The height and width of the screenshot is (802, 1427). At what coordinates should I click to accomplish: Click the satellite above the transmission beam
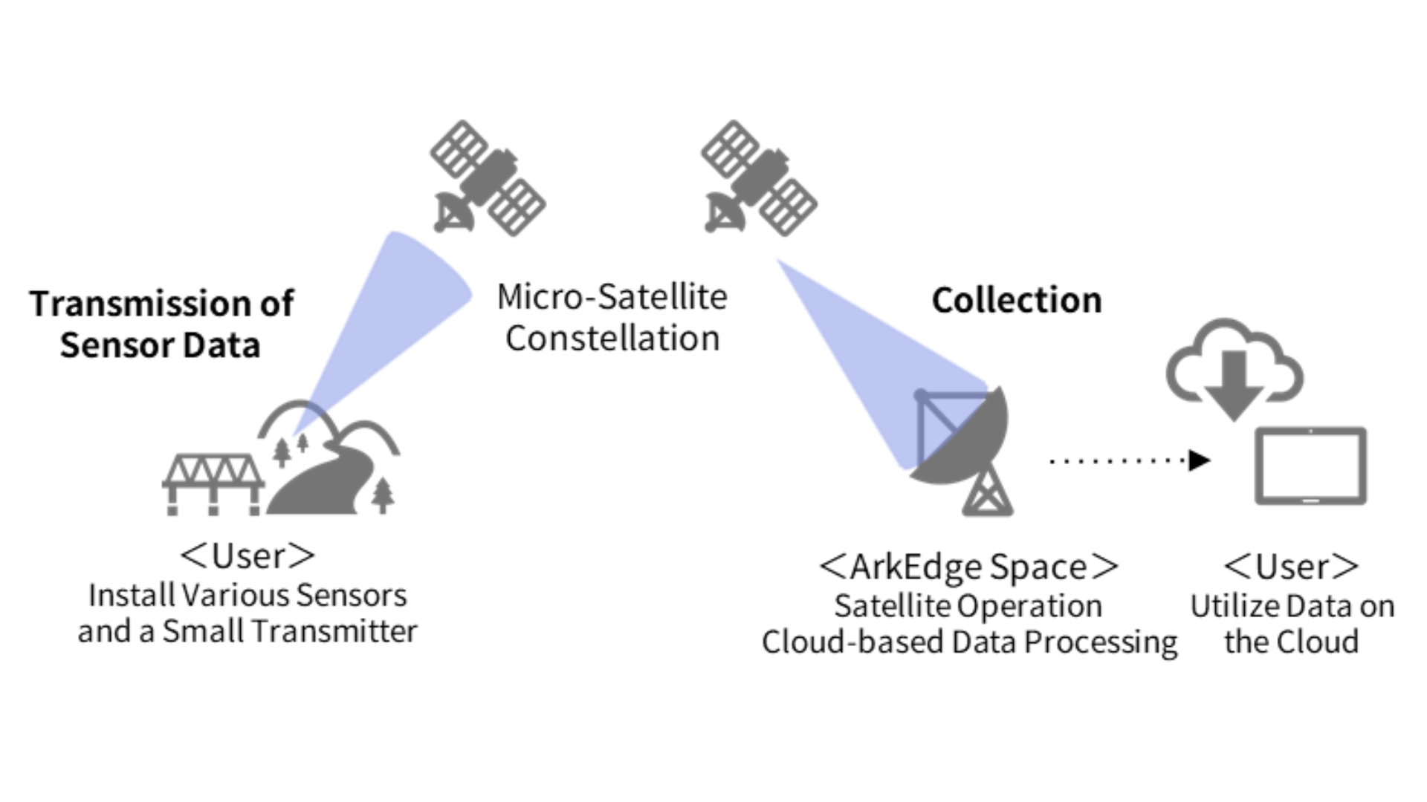[488, 178]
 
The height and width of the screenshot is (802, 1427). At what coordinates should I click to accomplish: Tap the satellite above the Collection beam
[759, 178]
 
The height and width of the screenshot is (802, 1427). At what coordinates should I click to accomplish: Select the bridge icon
[213, 483]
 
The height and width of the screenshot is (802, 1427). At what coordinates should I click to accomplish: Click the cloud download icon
[1235, 368]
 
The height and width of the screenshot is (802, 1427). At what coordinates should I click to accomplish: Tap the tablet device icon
[1310, 466]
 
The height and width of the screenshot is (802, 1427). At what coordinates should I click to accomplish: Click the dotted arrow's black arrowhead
[1199, 460]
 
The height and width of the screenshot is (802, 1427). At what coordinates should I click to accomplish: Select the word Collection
[1017, 301]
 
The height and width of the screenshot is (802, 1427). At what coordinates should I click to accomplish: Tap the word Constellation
[612, 339]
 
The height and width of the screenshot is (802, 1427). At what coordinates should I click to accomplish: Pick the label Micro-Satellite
[612, 297]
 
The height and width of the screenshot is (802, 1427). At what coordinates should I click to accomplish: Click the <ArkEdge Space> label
[968, 567]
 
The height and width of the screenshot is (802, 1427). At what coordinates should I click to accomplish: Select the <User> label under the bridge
[247, 556]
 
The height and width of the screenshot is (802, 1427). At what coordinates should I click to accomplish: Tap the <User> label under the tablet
[1291, 567]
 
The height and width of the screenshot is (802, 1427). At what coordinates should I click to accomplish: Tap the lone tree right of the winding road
[383, 495]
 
